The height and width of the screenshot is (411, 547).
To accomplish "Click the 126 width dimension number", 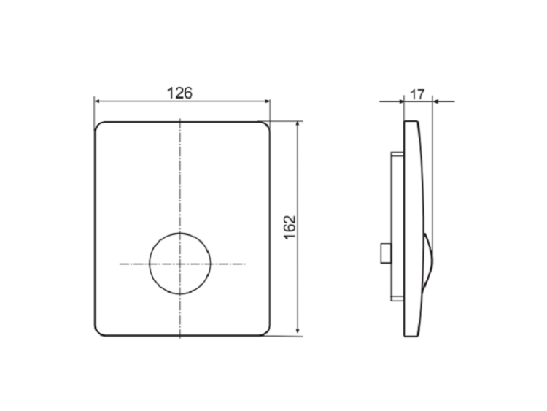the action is [x=179, y=93].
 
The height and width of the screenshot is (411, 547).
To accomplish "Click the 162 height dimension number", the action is [x=290, y=227].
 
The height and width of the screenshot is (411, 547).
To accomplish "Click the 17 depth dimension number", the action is [x=417, y=94].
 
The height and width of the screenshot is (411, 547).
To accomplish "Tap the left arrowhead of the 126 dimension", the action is [x=97, y=101].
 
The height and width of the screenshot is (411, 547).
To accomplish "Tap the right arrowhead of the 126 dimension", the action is [x=267, y=101].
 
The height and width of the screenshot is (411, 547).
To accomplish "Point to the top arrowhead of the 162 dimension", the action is [x=298, y=125].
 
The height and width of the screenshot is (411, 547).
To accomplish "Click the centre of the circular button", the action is [x=179, y=264].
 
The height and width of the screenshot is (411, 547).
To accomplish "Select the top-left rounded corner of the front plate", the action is [x=98, y=125].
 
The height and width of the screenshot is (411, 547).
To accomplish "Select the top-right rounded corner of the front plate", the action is [x=267, y=125].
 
